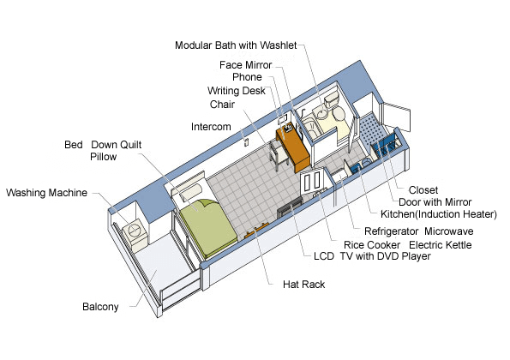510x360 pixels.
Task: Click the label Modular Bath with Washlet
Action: coord(236,45)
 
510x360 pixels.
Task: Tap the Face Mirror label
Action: coord(245,65)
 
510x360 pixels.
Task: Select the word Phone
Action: coord(247,77)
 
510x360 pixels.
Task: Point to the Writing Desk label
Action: coord(237,91)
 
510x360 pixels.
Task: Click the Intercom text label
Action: coord(211,127)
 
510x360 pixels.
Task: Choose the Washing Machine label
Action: coord(46,193)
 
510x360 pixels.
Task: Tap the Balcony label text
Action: coord(100,307)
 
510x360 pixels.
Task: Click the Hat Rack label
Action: coord(303,285)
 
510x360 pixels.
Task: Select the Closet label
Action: coord(423,190)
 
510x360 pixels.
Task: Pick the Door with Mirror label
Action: coord(435,202)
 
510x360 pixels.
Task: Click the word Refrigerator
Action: coord(391,231)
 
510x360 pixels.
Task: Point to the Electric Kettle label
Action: coord(440,245)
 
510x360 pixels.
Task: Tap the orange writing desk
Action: coord(293,147)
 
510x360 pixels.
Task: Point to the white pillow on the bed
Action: coord(191,192)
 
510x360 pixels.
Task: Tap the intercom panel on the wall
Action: coord(246,142)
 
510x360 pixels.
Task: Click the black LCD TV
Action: coord(290,207)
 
